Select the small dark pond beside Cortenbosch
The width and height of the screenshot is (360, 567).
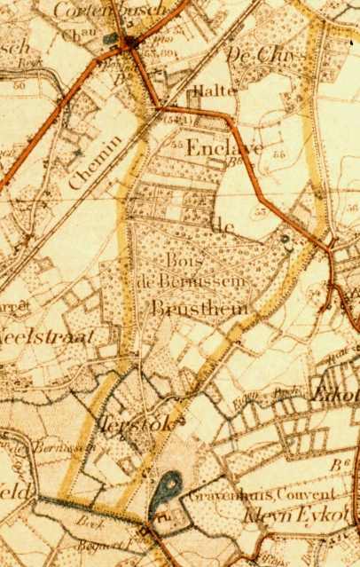pyautogui.click(x=110, y=39)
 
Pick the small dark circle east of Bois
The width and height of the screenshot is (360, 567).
pyautogui.click(x=285, y=239)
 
